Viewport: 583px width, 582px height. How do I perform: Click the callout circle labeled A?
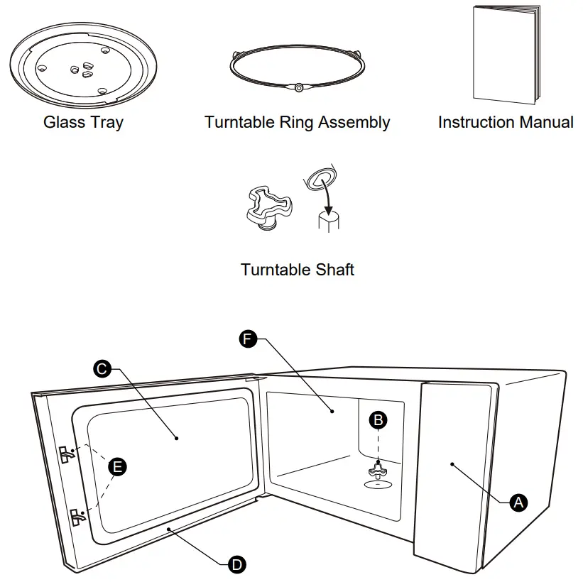(519, 502)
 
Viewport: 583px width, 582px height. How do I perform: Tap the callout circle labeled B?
(379, 419)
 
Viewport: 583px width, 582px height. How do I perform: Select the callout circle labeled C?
(102, 368)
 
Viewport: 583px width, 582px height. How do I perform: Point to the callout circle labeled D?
(237, 564)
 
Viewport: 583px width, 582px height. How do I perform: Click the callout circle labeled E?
(117, 466)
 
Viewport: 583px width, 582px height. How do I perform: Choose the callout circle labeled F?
(246, 339)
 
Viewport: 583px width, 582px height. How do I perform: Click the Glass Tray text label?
(83, 122)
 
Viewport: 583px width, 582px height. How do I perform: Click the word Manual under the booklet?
(545, 122)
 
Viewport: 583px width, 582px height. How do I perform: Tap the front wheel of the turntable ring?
(298, 88)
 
